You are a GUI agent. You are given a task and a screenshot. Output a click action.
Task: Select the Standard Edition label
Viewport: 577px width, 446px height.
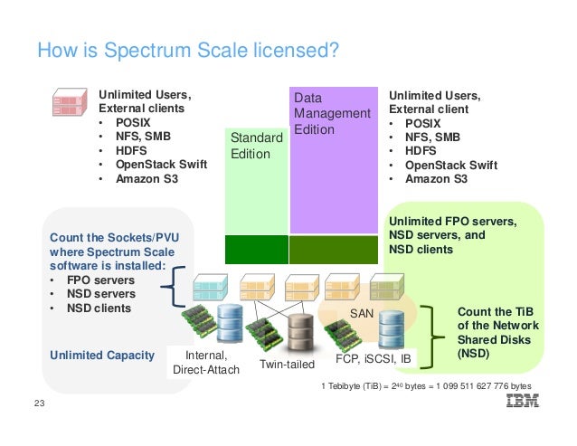[250, 146]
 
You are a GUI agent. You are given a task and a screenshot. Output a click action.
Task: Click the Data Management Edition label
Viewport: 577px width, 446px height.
[331, 113]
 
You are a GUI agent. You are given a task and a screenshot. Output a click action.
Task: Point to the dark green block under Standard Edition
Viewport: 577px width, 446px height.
[255, 249]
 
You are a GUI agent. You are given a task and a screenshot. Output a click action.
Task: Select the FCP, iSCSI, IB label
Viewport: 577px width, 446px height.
[373, 357]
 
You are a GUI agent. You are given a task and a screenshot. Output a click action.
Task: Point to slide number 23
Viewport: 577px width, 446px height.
[38, 403]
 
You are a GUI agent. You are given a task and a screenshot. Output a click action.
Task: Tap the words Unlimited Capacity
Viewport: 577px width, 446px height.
[101, 355]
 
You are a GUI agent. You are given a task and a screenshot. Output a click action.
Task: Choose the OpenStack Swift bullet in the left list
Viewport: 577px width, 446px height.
[162, 164]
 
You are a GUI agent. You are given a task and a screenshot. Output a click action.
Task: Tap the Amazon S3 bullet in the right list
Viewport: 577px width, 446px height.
[436, 179]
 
